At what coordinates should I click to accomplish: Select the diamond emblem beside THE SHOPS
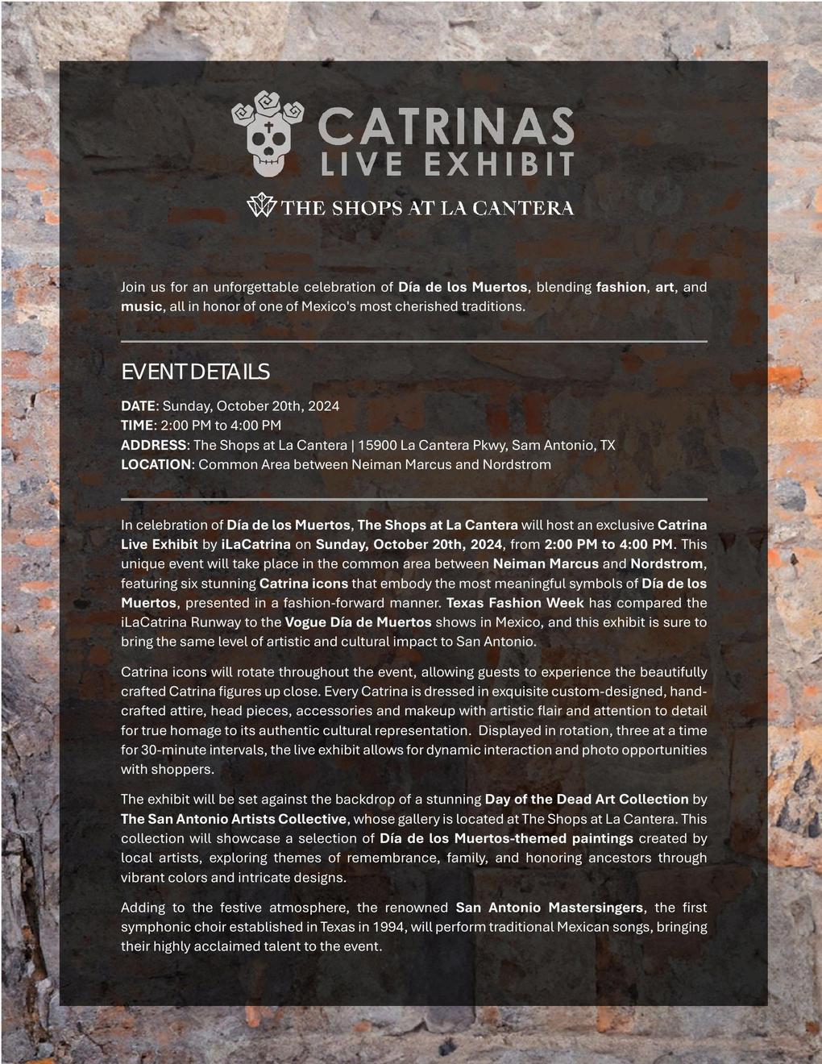(x=260, y=206)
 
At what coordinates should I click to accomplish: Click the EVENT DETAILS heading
(x=195, y=372)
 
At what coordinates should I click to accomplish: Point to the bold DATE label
(x=138, y=405)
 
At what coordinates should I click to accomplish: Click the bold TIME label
(x=137, y=425)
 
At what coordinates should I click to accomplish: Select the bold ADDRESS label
(x=153, y=445)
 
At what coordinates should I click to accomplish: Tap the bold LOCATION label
(x=156, y=464)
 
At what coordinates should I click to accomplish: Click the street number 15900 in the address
(x=376, y=445)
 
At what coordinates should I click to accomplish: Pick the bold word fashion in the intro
(x=621, y=287)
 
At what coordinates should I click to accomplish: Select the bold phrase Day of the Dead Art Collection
(x=587, y=800)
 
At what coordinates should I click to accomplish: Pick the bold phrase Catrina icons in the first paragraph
(x=304, y=583)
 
